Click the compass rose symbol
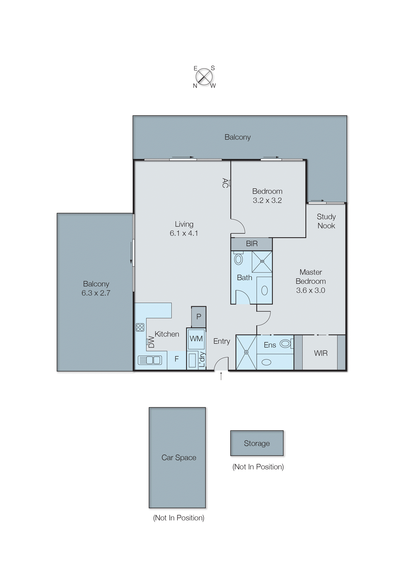pyautogui.click(x=204, y=77)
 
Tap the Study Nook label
pyautogui.click(x=326, y=221)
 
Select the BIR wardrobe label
pyautogui.click(x=252, y=244)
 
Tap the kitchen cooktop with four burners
pyautogui.click(x=140, y=327)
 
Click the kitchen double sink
pyautogui.click(x=150, y=360)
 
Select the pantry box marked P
pyautogui.click(x=199, y=317)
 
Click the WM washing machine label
pyautogui.click(x=196, y=339)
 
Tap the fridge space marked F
pyautogui.click(x=176, y=359)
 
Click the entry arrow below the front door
pyautogui.click(x=221, y=376)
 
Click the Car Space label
pyautogui.click(x=179, y=457)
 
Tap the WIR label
pyautogui.click(x=321, y=353)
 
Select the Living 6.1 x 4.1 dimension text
pyautogui.click(x=184, y=233)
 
